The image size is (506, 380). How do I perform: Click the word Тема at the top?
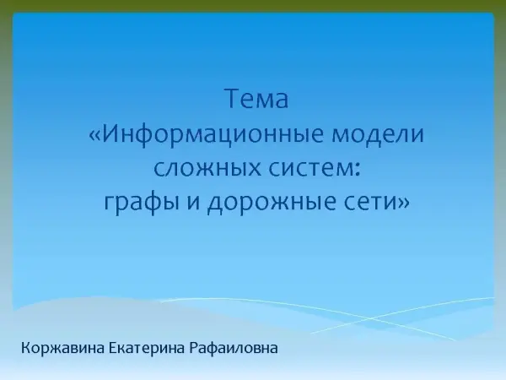[x=256, y=98]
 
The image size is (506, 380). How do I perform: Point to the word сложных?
[x=207, y=168]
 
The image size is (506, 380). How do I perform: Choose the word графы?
[x=142, y=204]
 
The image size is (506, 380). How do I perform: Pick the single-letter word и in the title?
[x=193, y=203]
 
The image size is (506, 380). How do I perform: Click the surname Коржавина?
[x=63, y=348]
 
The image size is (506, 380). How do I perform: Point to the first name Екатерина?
[x=147, y=349]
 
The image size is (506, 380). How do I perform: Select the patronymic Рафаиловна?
[x=234, y=349]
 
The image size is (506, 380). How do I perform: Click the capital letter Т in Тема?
[x=233, y=98]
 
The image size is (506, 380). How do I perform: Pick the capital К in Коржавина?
[x=26, y=348]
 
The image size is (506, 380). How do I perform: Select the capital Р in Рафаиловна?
[x=194, y=348]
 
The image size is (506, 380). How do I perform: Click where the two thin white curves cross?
[x=370, y=319]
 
